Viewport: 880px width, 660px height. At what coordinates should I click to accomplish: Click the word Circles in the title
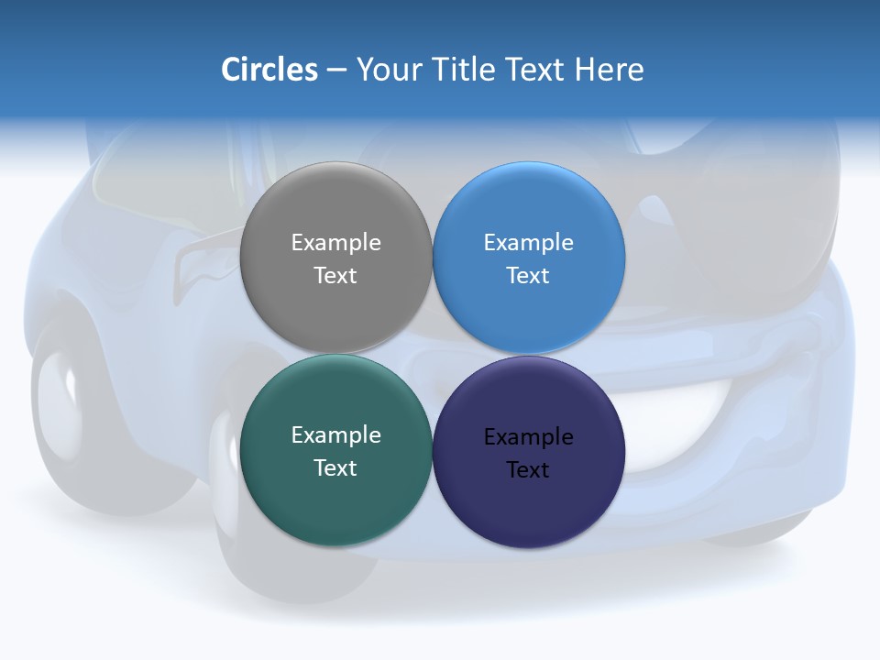[269, 70]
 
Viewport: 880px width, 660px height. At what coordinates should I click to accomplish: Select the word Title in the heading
[467, 70]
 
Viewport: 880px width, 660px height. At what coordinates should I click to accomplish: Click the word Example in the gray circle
[335, 243]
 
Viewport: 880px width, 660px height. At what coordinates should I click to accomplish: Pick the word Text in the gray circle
[335, 276]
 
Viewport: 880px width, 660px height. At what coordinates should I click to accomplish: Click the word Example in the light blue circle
[529, 243]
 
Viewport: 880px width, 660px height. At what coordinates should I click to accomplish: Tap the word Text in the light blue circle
[529, 276]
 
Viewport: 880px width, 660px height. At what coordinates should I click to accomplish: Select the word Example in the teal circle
[335, 435]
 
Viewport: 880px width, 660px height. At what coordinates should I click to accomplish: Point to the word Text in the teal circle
[335, 468]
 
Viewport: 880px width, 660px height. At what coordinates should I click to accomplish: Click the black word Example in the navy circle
[529, 437]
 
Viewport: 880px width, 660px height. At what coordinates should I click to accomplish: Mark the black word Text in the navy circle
[529, 470]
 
